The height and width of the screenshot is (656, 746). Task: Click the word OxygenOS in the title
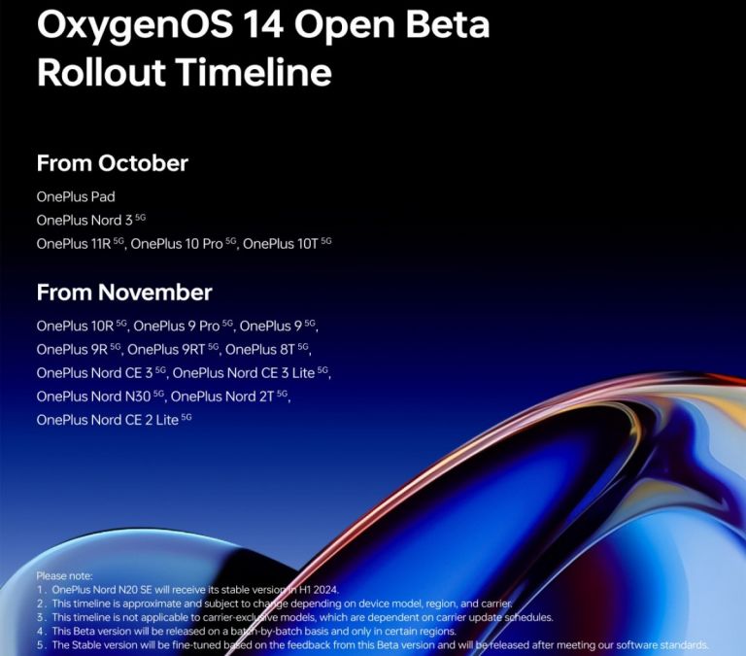click(x=135, y=26)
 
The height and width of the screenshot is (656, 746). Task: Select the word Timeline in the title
click(x=254, y=72)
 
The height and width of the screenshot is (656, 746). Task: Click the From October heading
click(x=113, y=163)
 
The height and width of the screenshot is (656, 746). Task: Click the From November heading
click(x=124, y=293)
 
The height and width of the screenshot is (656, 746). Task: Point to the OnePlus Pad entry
click(x=76, y=196)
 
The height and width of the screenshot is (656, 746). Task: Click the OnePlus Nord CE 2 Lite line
click(x=115, y=420)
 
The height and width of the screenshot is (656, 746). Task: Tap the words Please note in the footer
click(x=65, y=576)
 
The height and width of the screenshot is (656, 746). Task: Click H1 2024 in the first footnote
click(x=319, y=590)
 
